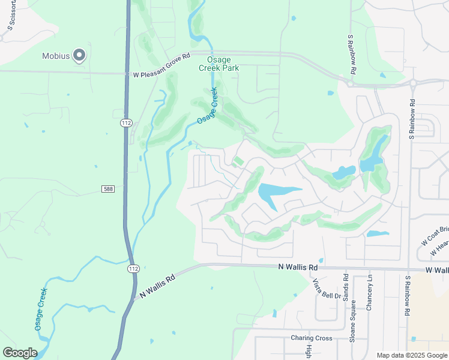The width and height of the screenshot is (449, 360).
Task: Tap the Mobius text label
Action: [x=56, y=56]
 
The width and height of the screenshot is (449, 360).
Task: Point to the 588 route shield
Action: [x=108, y=189]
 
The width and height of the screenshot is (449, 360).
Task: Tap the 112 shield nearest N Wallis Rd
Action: [x=134, y=269]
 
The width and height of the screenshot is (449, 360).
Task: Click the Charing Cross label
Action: [x=312, y=338]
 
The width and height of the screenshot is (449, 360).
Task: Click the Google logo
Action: [x=20, y=353]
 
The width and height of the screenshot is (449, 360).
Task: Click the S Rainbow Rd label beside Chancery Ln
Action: [x=407, y=296]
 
